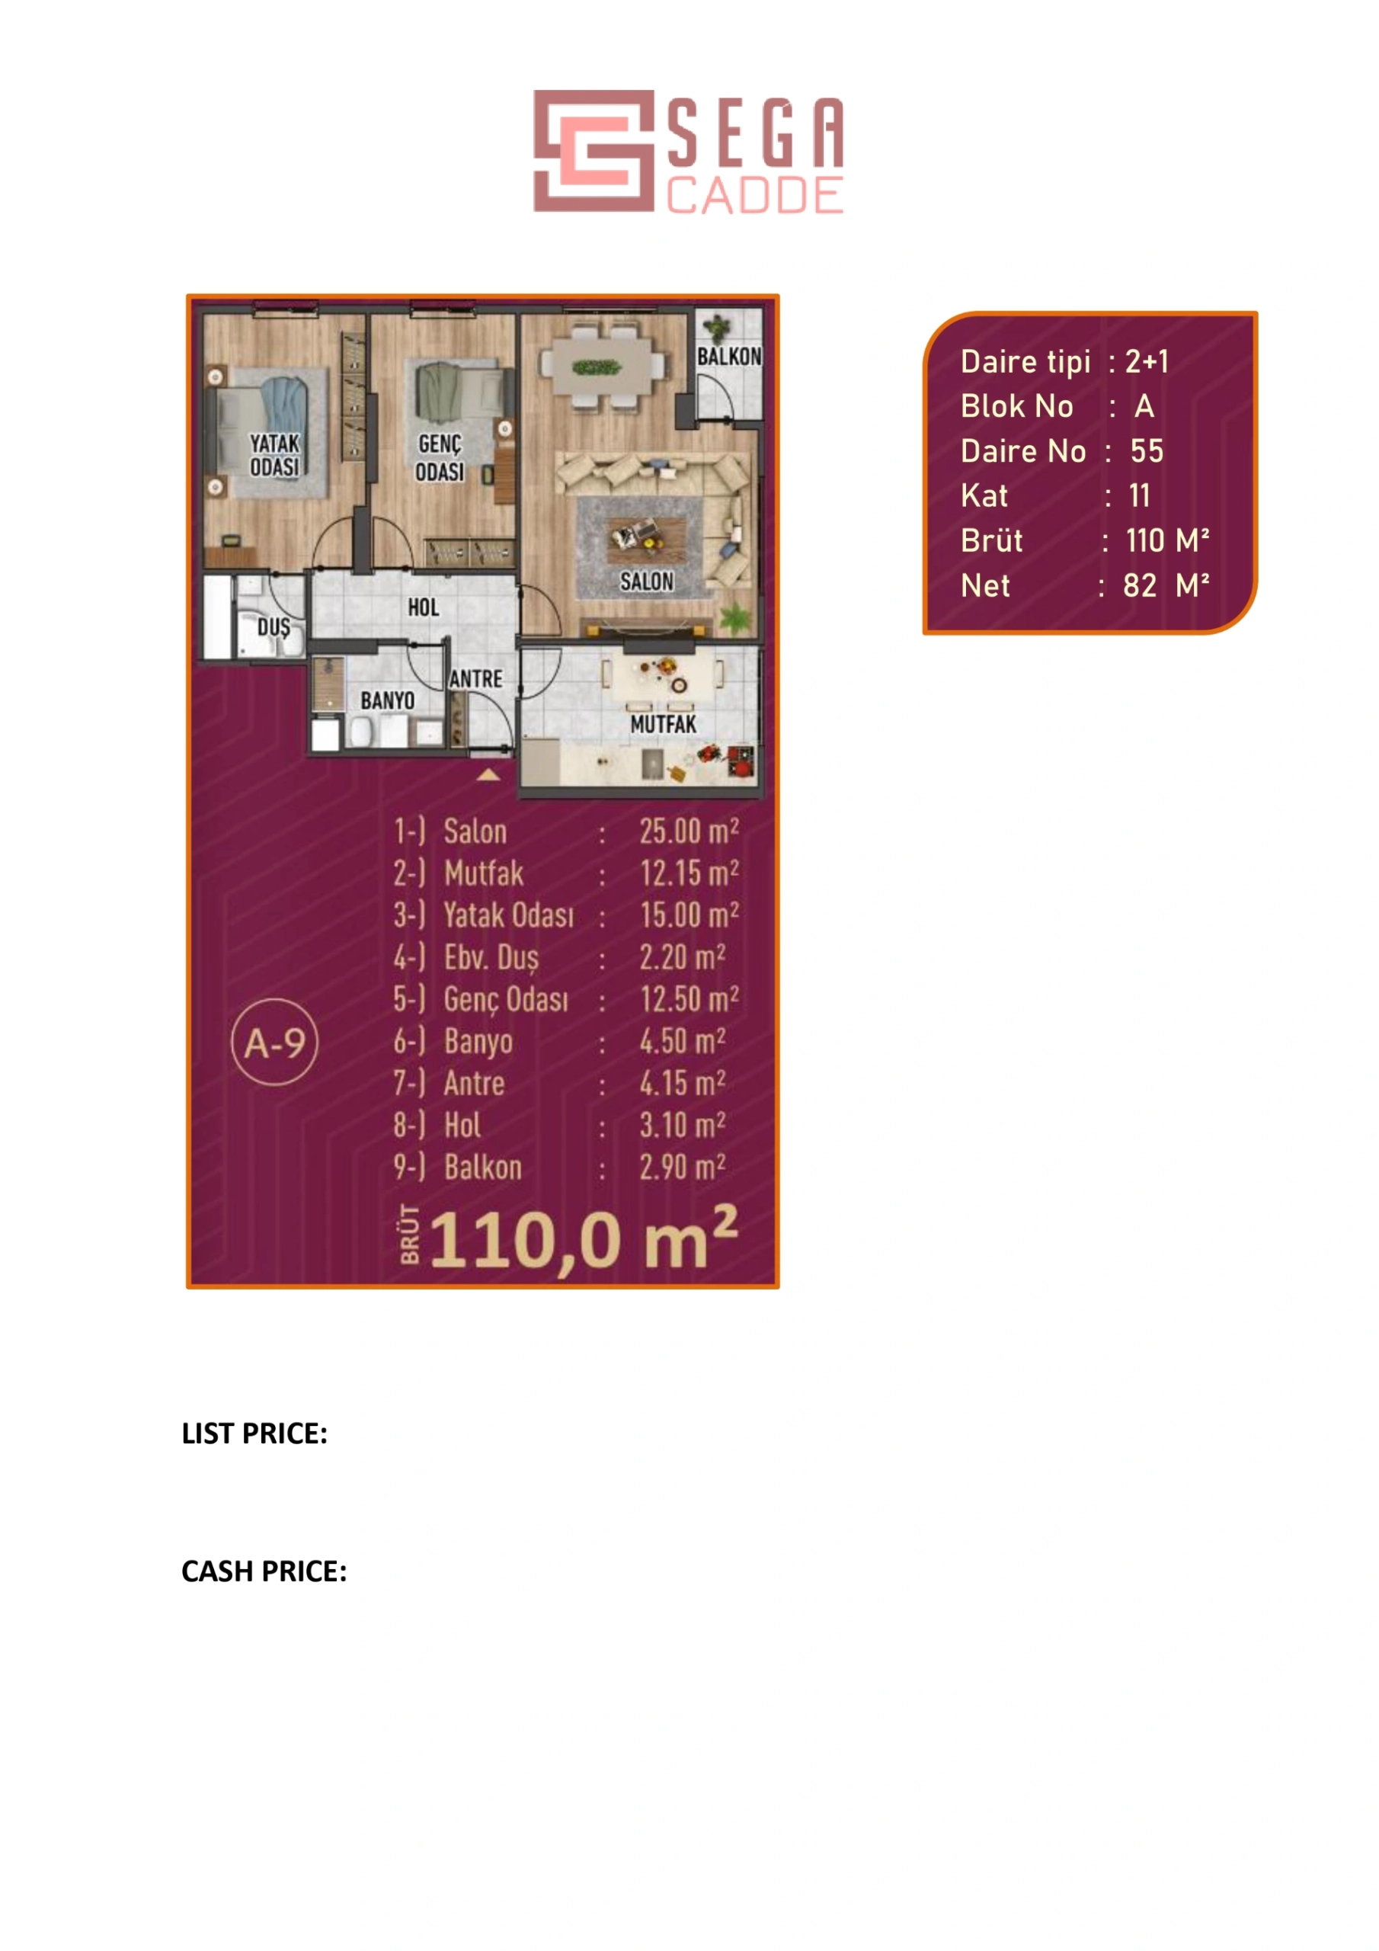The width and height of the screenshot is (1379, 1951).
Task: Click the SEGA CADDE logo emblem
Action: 594,150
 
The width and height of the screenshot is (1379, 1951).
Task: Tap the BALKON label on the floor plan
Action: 729,356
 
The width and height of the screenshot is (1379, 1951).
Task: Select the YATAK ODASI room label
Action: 274,455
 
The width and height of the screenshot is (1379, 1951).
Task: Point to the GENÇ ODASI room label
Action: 440,458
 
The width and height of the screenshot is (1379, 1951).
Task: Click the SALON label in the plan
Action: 647,581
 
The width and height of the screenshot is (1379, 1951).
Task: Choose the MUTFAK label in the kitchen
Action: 663,724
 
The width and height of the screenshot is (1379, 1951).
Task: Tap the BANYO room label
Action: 388,700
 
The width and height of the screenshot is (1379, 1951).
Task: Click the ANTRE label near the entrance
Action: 476,679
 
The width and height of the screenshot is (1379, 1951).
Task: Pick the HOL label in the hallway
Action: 423,607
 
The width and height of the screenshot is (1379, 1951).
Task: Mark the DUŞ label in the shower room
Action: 274,628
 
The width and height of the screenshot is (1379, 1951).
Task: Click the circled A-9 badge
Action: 274,1043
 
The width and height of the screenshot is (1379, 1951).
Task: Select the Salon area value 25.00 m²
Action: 689,831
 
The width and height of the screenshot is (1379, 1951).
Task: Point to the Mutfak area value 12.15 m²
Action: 689,873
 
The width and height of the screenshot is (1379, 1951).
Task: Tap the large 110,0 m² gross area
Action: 584,1240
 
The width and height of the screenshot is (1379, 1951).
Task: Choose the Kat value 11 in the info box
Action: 1140,495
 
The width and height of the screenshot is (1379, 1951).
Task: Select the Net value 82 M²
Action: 1166,585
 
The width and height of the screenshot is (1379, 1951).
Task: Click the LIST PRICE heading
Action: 254,1434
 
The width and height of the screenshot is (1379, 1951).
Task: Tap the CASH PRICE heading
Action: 264,1571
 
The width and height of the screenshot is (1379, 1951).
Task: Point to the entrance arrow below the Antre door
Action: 488,774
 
